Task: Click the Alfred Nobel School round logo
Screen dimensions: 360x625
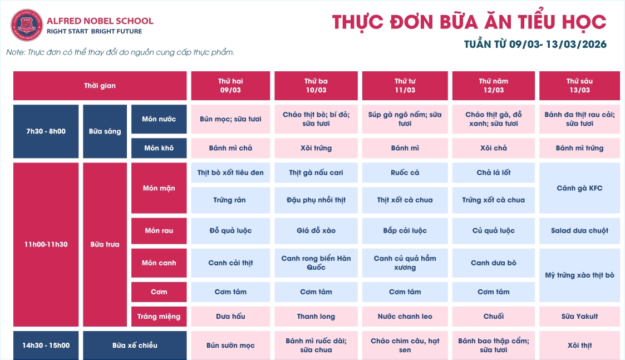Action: point(27,26)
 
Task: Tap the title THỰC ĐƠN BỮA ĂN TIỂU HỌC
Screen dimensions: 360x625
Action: point(469,22)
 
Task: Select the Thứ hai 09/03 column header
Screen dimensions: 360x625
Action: point(230,85)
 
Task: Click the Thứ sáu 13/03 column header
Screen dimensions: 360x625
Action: point(579,85)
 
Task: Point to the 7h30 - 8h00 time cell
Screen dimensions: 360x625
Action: point(46,131)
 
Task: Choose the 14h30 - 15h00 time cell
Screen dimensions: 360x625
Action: point(46,345)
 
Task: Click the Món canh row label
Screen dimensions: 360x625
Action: point(159,263)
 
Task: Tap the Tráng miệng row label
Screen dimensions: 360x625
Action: point(159,316)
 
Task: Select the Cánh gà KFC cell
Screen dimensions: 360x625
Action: point(579,188)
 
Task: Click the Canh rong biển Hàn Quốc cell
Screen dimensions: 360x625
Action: point(316,263)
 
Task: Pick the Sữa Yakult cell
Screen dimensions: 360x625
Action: point(579,316)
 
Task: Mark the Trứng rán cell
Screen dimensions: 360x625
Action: point(230,200)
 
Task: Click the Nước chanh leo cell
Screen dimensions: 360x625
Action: point(405,316)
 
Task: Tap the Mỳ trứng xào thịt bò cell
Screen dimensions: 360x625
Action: point(579,275)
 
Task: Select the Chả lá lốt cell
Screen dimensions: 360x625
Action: point(493,172)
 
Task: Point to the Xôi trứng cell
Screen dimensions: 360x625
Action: point(316,148)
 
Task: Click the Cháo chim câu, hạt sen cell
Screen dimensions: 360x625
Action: point(405,345)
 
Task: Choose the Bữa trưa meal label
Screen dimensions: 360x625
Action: point(105,244)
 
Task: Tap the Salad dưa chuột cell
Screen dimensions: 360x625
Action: point(579,230)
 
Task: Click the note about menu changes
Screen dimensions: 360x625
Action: point(120,52)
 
